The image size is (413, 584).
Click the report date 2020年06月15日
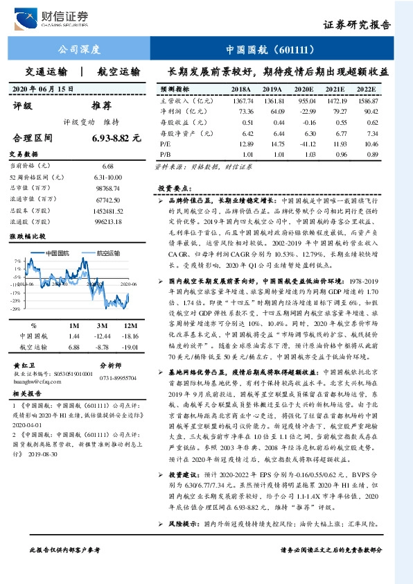click(43, 89)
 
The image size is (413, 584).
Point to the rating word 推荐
click(101, 106)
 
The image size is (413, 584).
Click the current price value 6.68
click(107, 166)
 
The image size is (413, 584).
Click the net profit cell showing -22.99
click(305, 111)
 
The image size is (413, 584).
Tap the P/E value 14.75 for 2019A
click(272, 142)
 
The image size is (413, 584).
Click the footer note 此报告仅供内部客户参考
click(65, 569)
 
